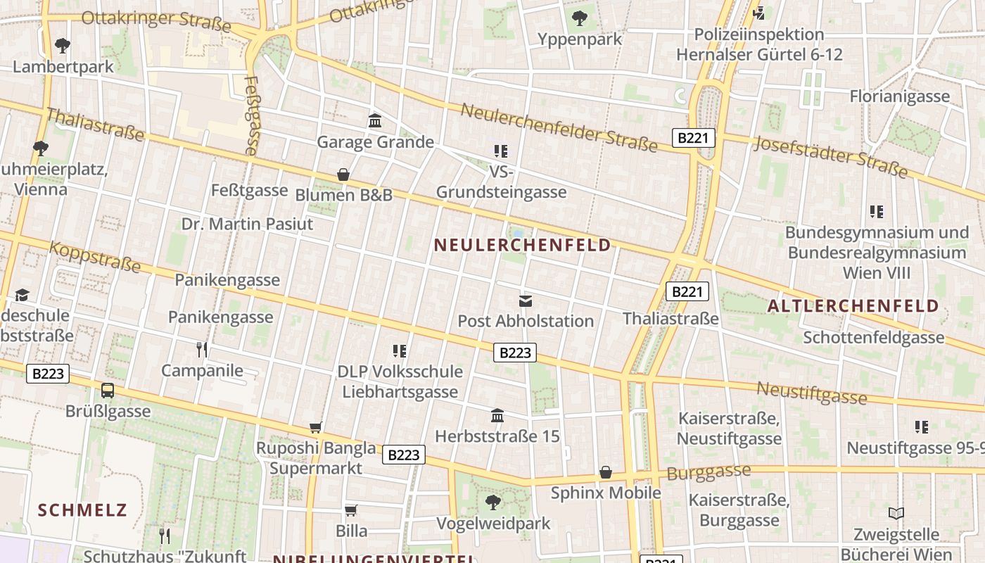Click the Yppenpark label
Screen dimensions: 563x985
[580, 39]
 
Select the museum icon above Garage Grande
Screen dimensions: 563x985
[375, 121]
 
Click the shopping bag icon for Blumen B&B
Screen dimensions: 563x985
[343, 175]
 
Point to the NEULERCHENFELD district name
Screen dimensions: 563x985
[523, 245]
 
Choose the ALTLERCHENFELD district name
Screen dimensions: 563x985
[853, 305]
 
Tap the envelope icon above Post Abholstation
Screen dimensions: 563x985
[526, 301]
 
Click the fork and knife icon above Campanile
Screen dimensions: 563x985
[202, 349]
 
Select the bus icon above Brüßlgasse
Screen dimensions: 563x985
[108, 391]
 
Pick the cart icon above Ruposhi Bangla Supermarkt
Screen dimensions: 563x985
[316, 427]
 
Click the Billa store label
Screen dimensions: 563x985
[351, 531]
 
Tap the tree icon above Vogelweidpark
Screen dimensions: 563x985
[493, 502]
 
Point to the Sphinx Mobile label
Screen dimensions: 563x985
[606, 493]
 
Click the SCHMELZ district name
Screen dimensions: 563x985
[82, 510]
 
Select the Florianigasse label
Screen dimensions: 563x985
[899, 96]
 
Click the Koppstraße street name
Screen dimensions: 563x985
[94, 257]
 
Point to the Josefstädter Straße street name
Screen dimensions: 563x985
[831, 157]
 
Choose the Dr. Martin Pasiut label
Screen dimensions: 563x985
[247, 224]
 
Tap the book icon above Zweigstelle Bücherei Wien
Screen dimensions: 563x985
[896, 514]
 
